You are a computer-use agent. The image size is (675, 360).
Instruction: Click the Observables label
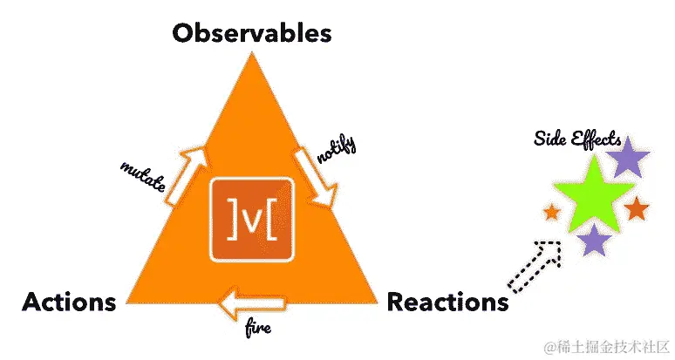point(252,34)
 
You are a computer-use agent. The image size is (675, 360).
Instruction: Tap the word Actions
point(69,302)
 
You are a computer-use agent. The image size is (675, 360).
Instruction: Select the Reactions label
point(447,302)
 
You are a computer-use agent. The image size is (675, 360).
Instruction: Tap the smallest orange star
point(551,211)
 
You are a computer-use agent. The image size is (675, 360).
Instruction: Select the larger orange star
point(637,208)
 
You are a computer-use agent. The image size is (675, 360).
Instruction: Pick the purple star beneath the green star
point(595,240)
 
